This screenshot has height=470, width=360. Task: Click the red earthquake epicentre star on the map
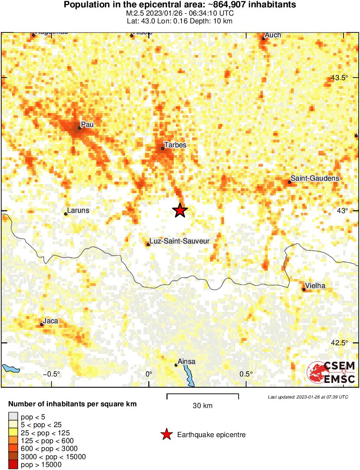pyautogui.click(x=180, y=211)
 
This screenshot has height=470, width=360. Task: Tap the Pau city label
pyautogui.click(x=88, y=125)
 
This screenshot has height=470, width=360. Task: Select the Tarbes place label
pyautogui.click(x=175, y=145)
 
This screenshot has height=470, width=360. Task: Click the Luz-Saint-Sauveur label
pyautogui.click(x=179, y=240)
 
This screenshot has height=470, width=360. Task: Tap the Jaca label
pyautogui.click(x=51, y=321)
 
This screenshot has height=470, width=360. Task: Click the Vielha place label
pyautogui.click(x=315, y=285)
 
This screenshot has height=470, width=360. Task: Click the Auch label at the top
pyautogui.click(x=273, y=35)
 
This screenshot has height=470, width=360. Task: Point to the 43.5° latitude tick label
pyautogui.click(x=340, y=78)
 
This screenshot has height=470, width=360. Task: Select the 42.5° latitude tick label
pyautogui.click(x=340, y=343)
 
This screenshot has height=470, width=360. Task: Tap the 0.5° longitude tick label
pyautogui.click(x=246, y=374)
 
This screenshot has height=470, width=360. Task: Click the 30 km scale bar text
pyautogui.click(x=202, y=406)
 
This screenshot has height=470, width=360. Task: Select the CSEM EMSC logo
pyautogui.click(x=331, y=372)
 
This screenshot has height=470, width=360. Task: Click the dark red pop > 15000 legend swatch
pyautogui.click(x=13, y=464)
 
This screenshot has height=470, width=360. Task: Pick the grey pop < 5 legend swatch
pyautogui.click(x=13, y=416)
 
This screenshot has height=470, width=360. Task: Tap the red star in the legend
pyautogui.click(x=166, y=434)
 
